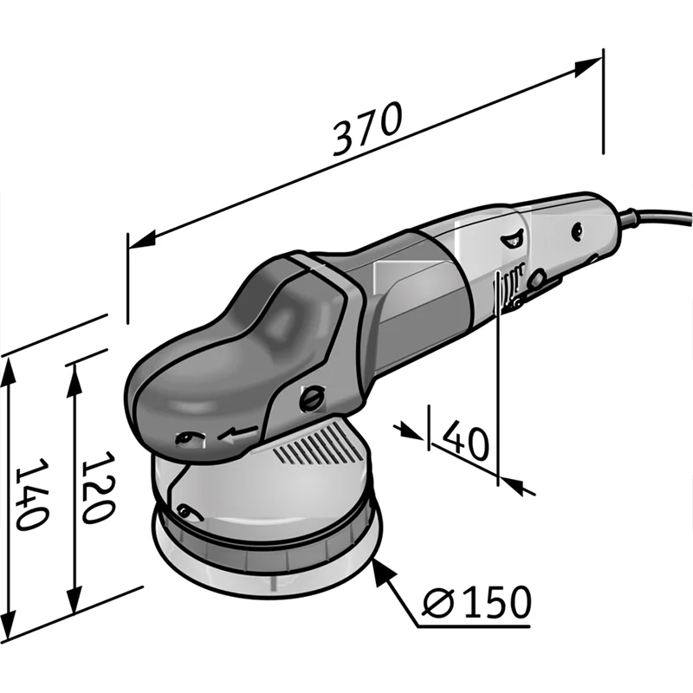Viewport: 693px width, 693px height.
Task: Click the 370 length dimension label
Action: [367, 128]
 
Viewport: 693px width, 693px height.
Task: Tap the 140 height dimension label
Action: [32, 494]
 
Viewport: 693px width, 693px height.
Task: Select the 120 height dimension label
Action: [99, 488]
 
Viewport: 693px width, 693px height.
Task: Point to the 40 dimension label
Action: [466, 439]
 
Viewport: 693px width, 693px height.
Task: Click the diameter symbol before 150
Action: [439, 601]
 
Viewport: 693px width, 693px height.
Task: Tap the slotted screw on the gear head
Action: [313, 398]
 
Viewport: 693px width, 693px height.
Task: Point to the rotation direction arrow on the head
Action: [237, 434]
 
